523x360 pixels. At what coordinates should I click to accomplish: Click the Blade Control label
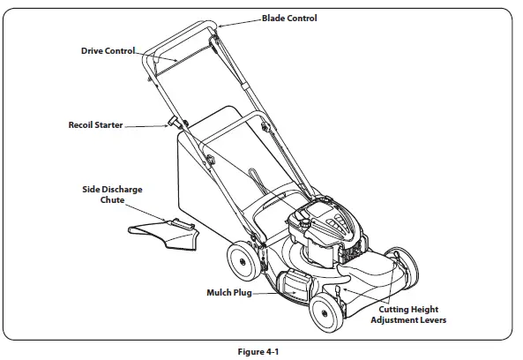coord(289,18)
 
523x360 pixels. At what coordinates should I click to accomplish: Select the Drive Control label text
coord(101,50)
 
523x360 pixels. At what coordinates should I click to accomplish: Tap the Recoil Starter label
coord(95,125)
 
